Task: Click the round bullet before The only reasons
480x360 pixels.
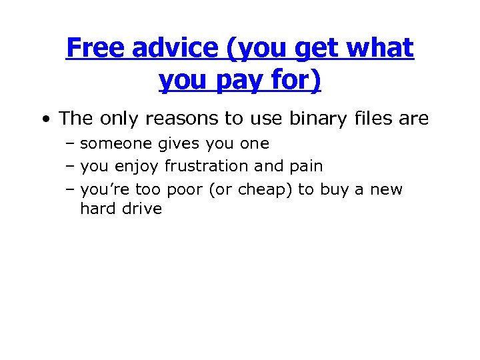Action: point(45,119)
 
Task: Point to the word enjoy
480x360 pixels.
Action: point(138,166)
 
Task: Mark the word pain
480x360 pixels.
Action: point(307,166)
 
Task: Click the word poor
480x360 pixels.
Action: point(185,189)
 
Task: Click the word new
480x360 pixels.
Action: point(386,189)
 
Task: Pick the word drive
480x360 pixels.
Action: point(143,209)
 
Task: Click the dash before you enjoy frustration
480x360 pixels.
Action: point(70,166)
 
